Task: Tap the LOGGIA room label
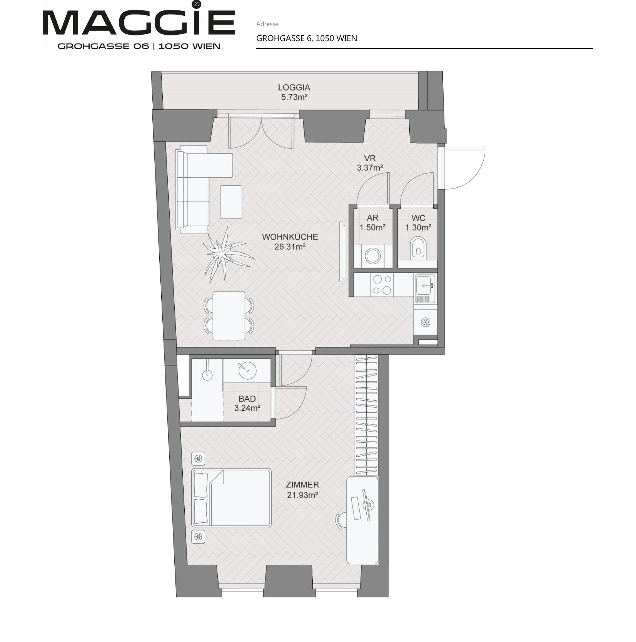coord(294,87)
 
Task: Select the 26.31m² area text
coord(290,247)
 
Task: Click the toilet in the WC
coord(418,247)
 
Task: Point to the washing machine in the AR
coord(372,255)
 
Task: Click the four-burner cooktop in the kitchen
coord(382,285)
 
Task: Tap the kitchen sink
coord(425,289)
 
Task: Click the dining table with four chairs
coord(229,315)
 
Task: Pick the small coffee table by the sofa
coord(231,202)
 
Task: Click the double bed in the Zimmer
coord(231,497)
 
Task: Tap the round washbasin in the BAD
coord(247,370)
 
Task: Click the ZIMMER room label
coord(302,485)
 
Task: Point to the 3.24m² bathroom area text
coord(247,408)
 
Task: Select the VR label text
coord(370,158)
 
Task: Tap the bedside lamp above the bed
coord(198,459)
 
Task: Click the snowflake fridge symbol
coord(425,322)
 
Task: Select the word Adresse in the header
coord(267,24)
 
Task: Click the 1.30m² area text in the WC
coord(418,227)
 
